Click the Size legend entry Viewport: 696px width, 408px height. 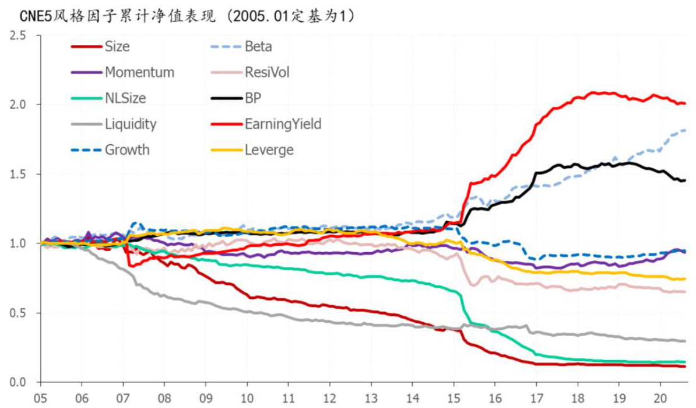tap(117, 47)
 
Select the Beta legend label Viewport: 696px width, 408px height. tap(258, 47)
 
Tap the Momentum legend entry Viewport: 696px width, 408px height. tap(139, 72)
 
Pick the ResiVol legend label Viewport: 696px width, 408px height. tap(267, 72)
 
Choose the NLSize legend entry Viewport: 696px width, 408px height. tap(125, 98)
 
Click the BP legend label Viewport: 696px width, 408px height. tap(253, 98)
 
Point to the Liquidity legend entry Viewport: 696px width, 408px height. tap(131, 124)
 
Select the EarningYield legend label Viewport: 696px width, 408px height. tap(283, 124)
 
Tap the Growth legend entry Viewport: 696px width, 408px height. tap(127, 150)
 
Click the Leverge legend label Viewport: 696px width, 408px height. tap(269, 150)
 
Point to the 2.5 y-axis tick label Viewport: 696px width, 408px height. tap(19, 36)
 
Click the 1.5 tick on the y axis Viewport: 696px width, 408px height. tap(19, 175)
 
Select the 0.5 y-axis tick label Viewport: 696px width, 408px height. tap(19, 313)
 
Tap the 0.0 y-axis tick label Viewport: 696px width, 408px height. tap(19, 382)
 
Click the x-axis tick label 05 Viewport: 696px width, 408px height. tap(41, 396)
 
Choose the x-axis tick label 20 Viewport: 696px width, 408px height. tap(660, 396)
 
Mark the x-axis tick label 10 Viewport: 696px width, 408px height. tap(247, 396)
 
